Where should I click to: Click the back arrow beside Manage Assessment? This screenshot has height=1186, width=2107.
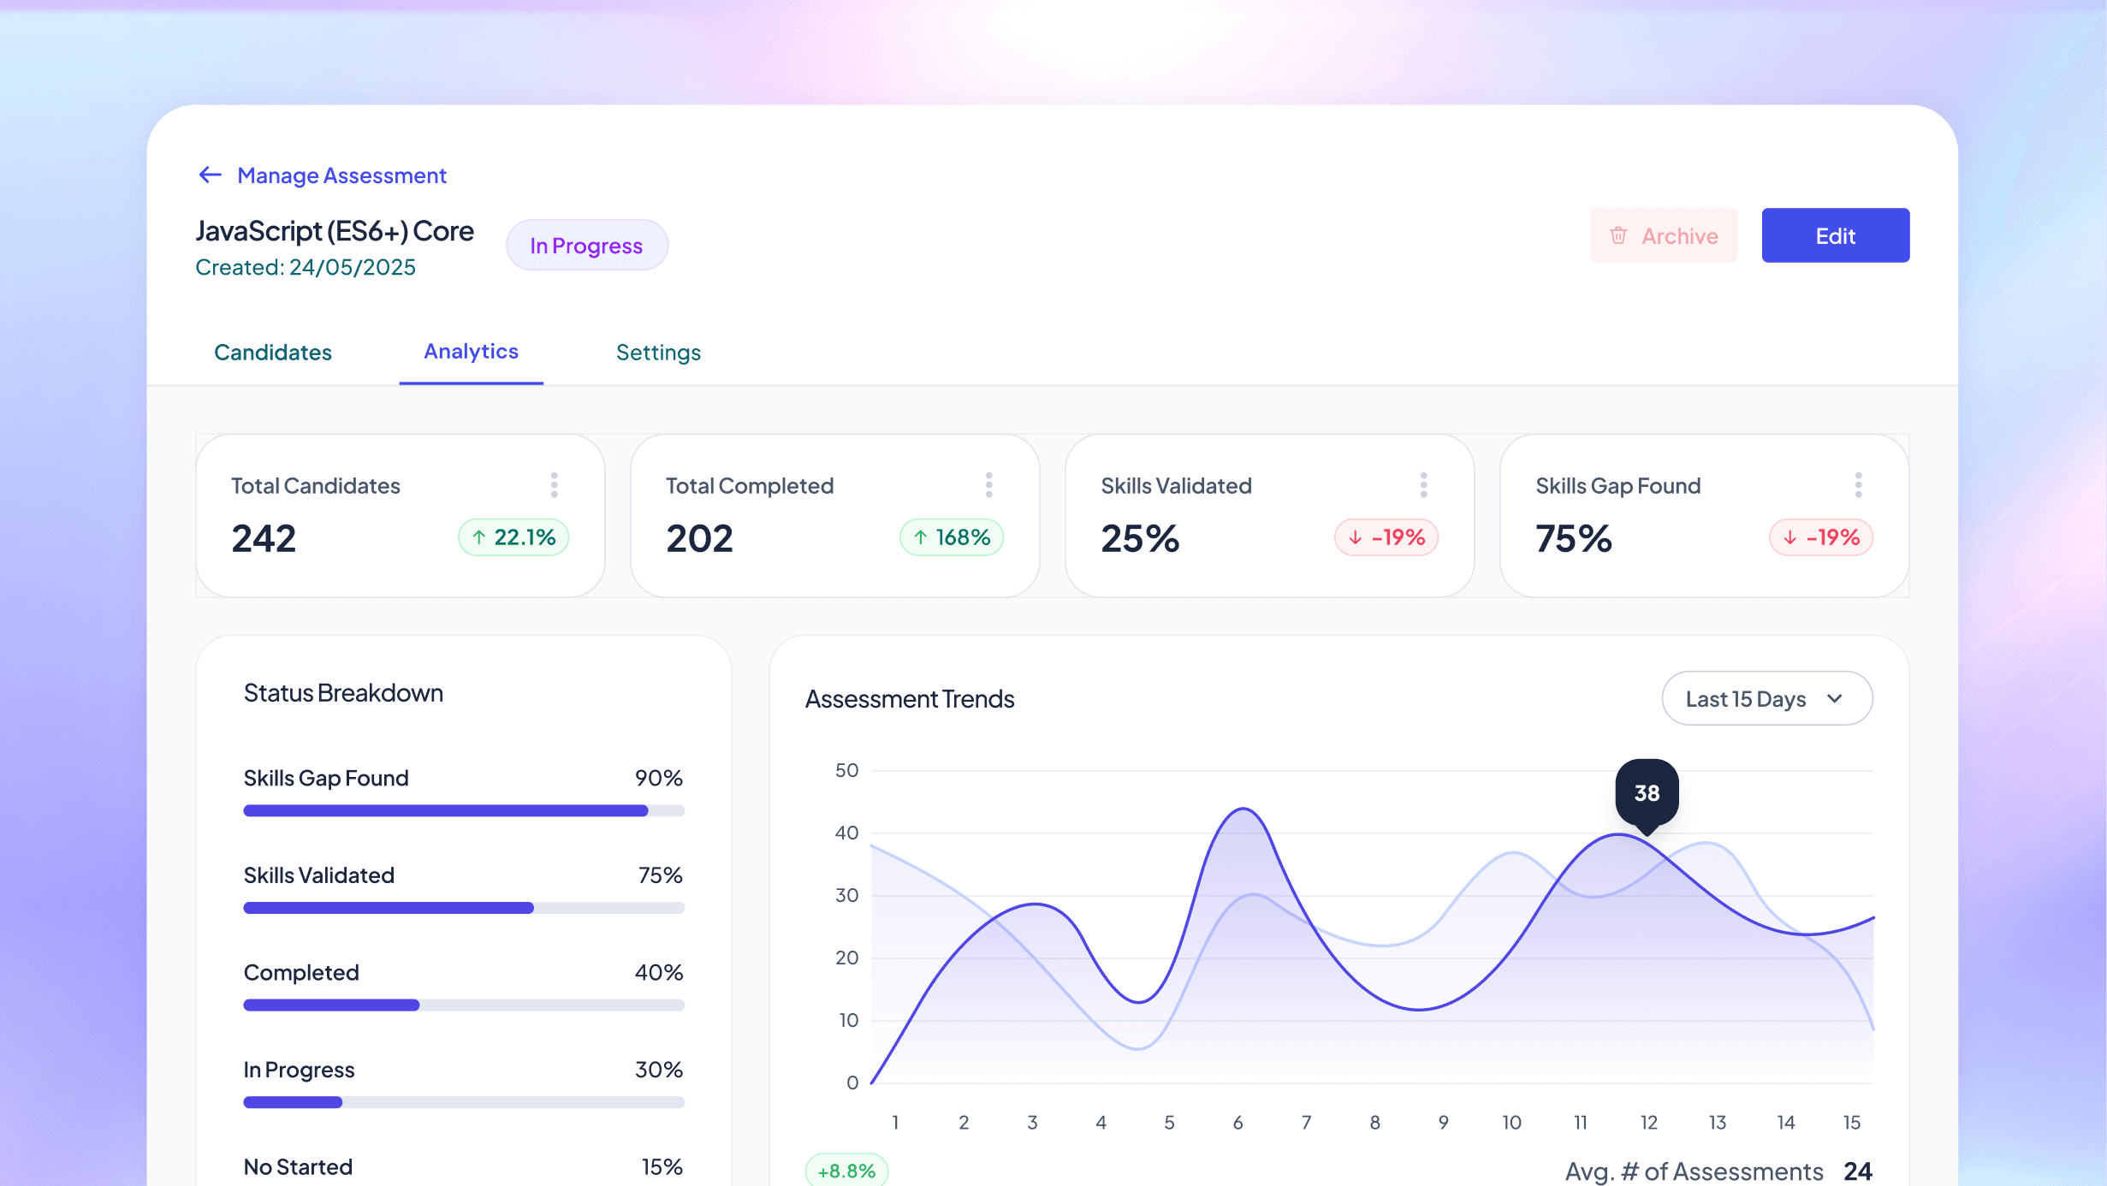coord(210,175)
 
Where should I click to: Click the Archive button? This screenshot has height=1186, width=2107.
coord(1663,235)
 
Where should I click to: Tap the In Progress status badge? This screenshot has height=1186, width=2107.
coord(586,246)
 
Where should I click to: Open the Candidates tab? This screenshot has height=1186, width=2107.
coord(273,353)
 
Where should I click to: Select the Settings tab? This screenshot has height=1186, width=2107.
coord(658,353)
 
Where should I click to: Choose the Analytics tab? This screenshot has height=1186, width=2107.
coord(471,352)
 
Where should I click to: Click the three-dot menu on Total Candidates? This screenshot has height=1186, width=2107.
coord(555,485)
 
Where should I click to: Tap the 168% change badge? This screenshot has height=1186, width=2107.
coord(952,537)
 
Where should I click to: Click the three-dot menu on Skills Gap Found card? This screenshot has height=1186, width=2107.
coord(1858,485)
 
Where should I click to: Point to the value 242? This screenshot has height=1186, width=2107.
coord(264,538)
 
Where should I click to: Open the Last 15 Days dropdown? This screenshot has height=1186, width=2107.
coord(1766,698)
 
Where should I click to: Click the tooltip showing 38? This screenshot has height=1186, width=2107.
coord(1647,793)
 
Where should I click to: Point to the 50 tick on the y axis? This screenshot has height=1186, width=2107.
coord(846,770)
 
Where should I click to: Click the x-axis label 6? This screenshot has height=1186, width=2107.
coord(1237,1123)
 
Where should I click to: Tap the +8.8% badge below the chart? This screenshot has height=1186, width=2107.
coord(846,1171)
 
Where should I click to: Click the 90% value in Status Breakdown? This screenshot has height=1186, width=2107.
coord(658,778)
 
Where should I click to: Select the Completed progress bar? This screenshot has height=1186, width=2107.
coord(464,1005)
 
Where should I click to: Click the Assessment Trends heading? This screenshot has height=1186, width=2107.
coord(910,699)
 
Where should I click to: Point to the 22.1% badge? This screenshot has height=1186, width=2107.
coord(513,537)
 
